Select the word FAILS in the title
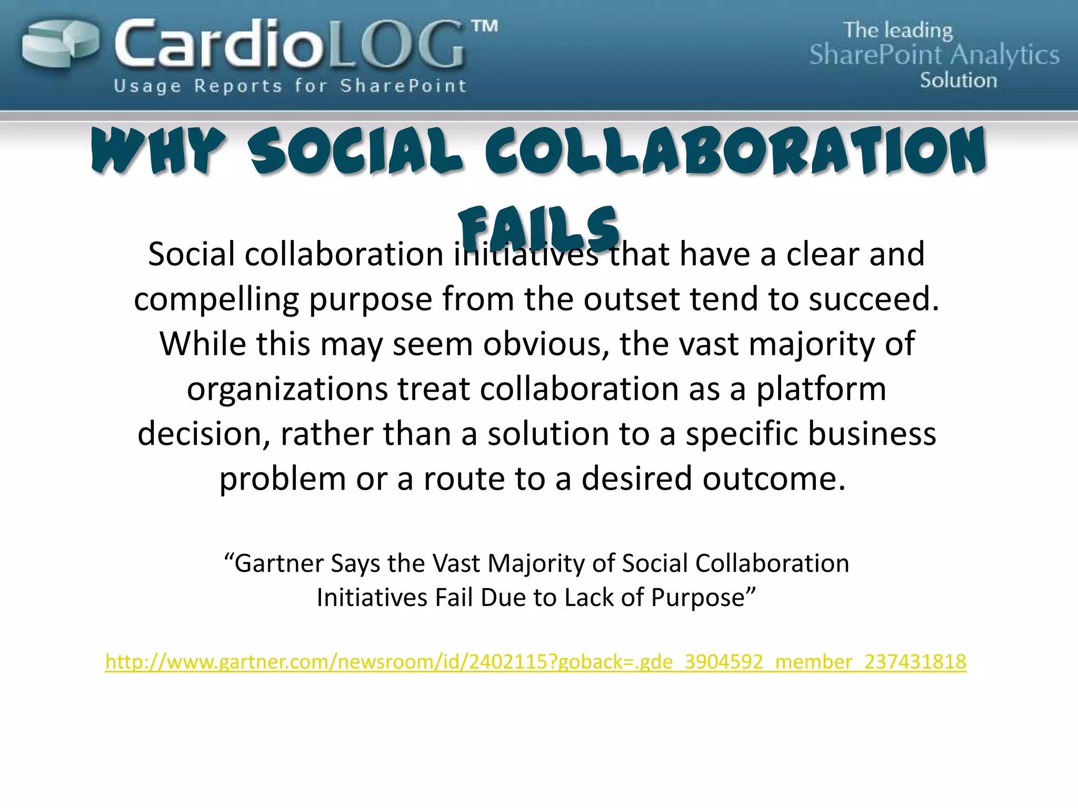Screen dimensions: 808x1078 click(x=538, y=229)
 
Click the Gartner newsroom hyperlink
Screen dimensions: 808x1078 click(x=536, y=662)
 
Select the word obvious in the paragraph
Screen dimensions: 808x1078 click(x=546, y=344)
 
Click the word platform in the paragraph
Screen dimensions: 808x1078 click(x=821, y=390)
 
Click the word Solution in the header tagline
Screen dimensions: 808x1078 click(x=958, y=80)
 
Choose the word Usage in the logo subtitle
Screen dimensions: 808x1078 click(x=147, y=86)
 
